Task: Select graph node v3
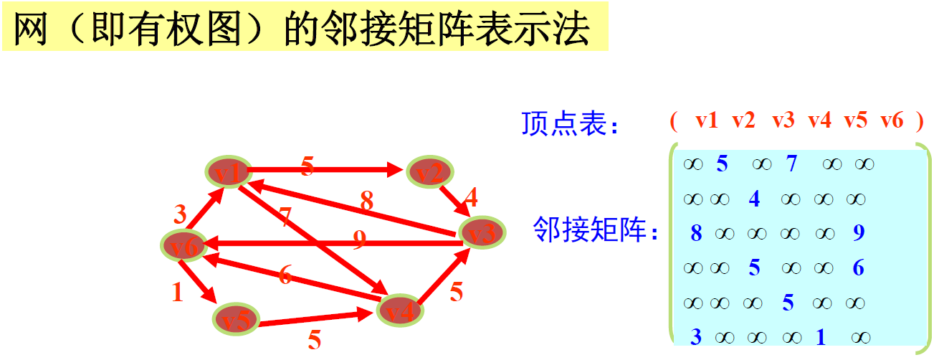[x=482, y=233]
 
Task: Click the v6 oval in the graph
[x=184, y=246]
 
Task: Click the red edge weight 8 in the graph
[x=366, y=202]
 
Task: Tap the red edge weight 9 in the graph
[x=360, y=239]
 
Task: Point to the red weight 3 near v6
[x=180, y=214]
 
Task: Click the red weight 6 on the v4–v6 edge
[x=285, y=275]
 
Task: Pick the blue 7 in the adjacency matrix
[x=791, y=164]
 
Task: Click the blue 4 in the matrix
[x=753, y=199]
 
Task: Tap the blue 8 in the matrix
[x=696, y=233]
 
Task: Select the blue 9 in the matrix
[x=859, y=233]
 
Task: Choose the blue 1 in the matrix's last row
[x=821, y=336]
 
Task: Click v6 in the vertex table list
[x=892, y=120]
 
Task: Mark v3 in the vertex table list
[x=783, y=120]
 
